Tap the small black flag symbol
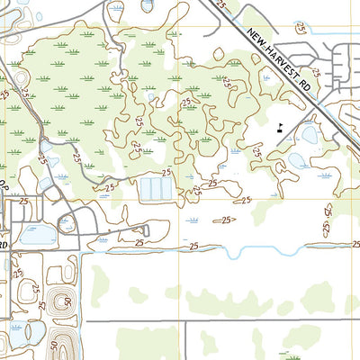(282, 127)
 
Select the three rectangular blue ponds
(155, 189)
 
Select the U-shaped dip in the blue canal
(233, 254)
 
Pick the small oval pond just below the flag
(310, 136)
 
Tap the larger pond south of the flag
(298, 160)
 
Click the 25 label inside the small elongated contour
(227, 220)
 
